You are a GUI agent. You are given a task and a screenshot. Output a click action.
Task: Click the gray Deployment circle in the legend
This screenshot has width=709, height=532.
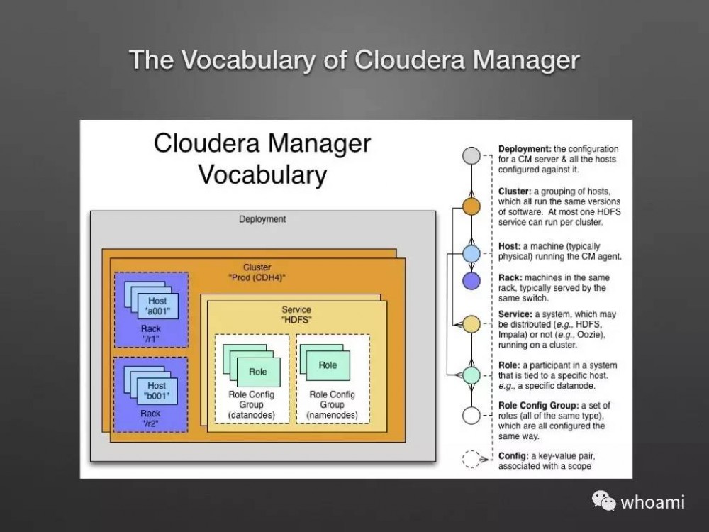tap(471, 156)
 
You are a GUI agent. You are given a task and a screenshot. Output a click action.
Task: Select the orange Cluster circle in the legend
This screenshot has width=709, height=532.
tap(471, 206)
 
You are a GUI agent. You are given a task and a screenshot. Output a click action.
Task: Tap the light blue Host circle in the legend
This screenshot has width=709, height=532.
tap(471, 253)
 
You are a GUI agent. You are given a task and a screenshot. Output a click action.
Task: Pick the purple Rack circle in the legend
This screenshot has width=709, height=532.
tap(471, 281)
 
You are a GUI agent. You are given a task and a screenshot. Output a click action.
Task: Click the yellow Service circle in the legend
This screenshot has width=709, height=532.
tap(471, 324)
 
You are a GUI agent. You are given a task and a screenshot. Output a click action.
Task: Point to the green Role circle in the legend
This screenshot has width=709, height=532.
tap(471, 375)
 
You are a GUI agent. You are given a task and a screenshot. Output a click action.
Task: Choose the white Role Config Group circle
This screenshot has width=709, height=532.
tap(471, 415)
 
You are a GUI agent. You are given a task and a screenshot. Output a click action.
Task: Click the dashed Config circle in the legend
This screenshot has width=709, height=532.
tap(471, 459)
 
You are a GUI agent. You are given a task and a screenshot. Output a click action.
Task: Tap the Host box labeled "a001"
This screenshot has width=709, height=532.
tap(157, 306)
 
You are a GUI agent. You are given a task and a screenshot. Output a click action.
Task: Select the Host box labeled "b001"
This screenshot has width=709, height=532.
tap(157, 391)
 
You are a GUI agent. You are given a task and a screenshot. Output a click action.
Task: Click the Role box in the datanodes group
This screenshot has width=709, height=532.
tap(258, 372)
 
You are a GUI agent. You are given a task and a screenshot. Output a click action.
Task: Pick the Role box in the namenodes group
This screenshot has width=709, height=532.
tap(328, 365)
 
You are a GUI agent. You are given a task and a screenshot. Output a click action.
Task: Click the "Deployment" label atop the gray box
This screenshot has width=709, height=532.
tap(262, 219)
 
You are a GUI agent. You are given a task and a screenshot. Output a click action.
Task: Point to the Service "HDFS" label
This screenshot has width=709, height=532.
tap(296, 316)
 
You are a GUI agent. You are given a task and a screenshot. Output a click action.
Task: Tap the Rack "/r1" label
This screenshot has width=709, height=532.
tap(151, 334)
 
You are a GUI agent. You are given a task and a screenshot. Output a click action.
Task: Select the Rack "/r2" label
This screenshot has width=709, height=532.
tap(151, 419)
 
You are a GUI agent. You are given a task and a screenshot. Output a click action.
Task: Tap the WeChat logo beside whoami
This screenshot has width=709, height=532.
tap(605, 501)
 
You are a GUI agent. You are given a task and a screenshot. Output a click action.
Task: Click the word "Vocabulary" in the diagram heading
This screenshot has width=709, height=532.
tap(262, 174)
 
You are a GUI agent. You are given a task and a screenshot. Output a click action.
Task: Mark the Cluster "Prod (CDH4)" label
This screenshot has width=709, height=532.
tap(257, 272)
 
